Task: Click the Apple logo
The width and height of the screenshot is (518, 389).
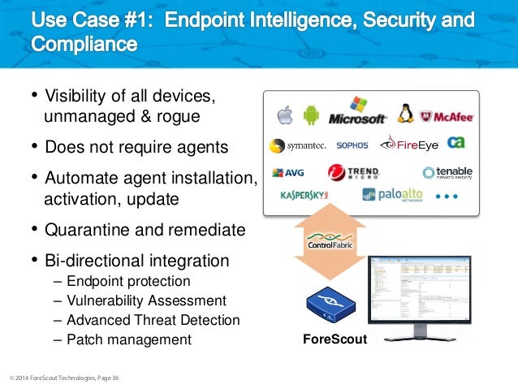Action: point(283,115)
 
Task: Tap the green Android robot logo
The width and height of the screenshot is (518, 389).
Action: point(310,115)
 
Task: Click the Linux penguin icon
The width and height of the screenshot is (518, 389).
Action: point(405,113)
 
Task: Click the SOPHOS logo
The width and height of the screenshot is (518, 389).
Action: point(352,145)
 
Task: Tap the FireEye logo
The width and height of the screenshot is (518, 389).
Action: point(409,144)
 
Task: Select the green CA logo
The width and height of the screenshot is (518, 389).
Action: point(456,142)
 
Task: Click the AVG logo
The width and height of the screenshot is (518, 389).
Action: point(288,172)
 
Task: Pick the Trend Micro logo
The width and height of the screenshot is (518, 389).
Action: point(354,173)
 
